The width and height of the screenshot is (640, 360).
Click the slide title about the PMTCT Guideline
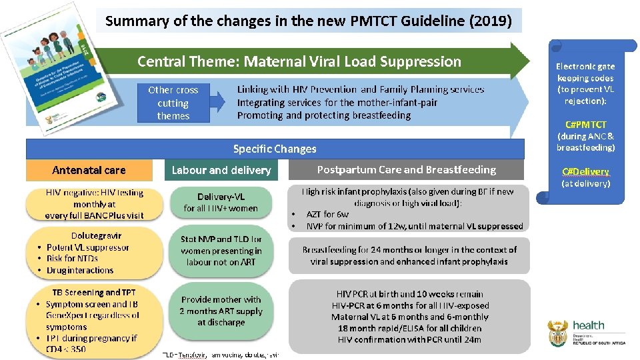tap(309, 21)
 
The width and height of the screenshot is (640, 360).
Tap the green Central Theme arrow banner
tap(300, 61)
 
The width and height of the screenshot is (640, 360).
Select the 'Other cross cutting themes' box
tap(173, 103)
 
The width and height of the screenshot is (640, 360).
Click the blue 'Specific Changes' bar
tap(275, 149)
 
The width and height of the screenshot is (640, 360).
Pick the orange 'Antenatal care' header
tap(89, 170)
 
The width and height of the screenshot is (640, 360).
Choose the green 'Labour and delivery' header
tap(221, 170)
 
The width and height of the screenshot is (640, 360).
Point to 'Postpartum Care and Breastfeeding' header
tap(406, 169)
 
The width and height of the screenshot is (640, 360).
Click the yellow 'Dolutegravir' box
tap(94, 253)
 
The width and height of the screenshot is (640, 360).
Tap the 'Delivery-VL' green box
tap(221, 202)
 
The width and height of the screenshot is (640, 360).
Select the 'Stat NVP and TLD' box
tap(221, 250)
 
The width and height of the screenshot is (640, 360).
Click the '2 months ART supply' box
tap(221, 311)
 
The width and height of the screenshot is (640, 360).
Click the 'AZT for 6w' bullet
tap(327, 214)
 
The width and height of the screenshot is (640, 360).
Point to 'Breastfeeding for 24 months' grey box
tap(409, 255)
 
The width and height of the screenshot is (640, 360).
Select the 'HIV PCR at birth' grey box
tap(409, 316)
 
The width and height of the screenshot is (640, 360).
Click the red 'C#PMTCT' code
tap(585, 125)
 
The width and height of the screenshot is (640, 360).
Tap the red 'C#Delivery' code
tap(585, 171)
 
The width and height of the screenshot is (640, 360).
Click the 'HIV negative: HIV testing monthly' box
tap(94, 203)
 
